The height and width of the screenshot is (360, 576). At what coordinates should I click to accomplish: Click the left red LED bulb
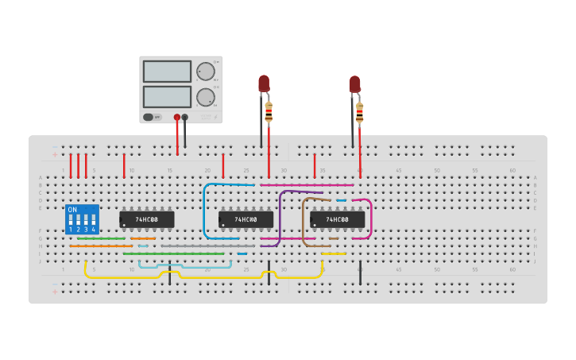click(x=264, y=83)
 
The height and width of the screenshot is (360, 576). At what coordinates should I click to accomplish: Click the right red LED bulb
click(x=355, y=83)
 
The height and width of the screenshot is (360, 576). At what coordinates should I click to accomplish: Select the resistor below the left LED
click(x=269, y=112)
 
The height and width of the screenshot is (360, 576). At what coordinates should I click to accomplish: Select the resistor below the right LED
click(x=360, y=112)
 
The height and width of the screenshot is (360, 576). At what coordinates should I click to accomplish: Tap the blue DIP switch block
click(x=82, y=219)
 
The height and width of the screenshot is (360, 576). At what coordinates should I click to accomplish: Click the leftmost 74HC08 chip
click(x=147, y=219)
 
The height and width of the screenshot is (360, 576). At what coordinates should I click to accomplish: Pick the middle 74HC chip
click(x=246, y=219)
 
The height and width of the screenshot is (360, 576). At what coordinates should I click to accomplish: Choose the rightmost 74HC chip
click(x=338, y=219)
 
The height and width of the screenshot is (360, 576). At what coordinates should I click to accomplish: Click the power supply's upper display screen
click(x=167, y=72)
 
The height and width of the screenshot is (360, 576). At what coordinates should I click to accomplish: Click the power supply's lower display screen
click(x=167, y=97)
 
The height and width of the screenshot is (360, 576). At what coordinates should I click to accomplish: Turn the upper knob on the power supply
click(x=206, y=72)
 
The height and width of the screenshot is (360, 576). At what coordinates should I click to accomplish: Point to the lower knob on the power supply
click(x=206, y=98)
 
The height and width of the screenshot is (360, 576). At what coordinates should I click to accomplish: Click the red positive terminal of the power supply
click(x=176, y=117)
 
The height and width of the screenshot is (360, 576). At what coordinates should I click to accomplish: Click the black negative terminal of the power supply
click(x=185, y=117)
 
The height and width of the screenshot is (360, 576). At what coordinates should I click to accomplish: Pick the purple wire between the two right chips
click(x=280, y=215)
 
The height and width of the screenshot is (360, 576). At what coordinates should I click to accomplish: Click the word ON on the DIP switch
click(x=72, y=210)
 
